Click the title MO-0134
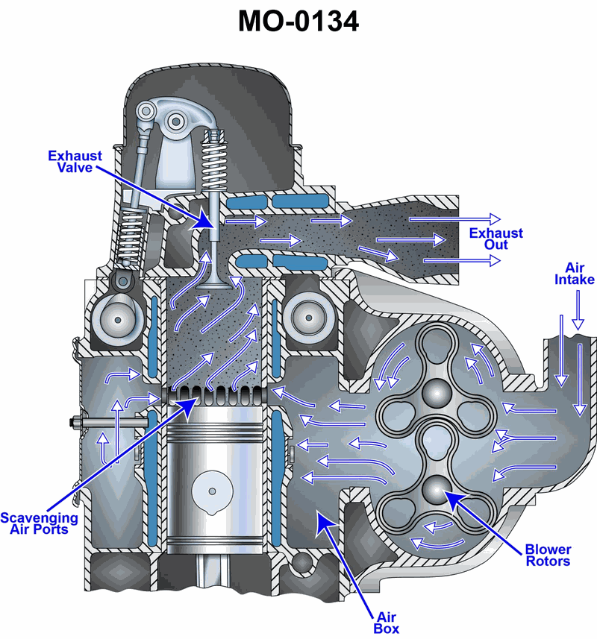coord(298,21)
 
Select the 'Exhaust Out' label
coord(496,239)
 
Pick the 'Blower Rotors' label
coord(548,555)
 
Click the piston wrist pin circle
coord(213,491)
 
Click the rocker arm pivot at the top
coord(176,120)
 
